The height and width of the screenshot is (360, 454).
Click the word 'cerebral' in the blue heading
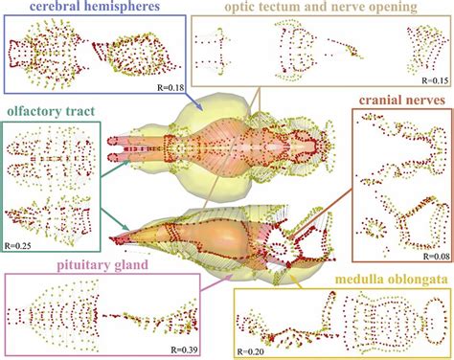[58, 9]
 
